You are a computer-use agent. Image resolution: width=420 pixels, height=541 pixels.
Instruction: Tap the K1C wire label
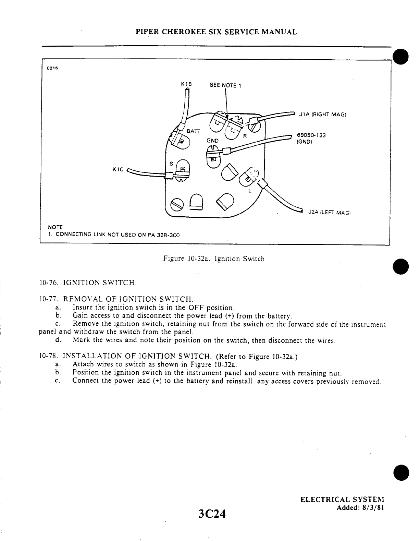coord(118,169)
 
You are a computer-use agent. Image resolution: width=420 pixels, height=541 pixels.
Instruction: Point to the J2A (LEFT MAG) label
coord(329,213)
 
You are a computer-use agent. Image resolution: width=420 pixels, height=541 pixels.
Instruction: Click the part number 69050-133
coord(311,135)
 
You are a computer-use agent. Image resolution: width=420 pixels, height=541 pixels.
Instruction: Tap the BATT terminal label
coord(193,131)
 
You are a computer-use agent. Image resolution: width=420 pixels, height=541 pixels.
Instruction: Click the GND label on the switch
coord(212,141)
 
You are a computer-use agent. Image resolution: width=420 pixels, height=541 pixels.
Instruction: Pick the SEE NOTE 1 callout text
coord(225,85)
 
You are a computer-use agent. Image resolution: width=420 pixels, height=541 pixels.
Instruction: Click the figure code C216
coord(52,68)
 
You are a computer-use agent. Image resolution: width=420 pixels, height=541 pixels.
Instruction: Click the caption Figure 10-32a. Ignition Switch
coord(214,259)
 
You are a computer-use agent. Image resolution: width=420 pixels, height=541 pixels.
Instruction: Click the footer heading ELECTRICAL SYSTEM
coord(342,500)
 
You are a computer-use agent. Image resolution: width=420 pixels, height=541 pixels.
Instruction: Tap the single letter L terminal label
coord(249,191)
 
